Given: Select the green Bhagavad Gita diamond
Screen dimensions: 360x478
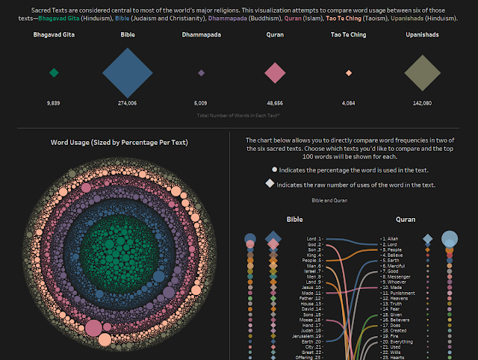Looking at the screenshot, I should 53,72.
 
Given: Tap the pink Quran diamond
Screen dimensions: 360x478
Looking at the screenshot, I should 275,72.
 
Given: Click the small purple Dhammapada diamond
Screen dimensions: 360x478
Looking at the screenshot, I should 201,72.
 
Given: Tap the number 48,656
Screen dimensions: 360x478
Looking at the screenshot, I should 275,102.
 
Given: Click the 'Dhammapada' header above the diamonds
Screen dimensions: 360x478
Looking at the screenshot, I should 201,35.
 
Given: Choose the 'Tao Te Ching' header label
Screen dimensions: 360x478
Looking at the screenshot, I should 349,35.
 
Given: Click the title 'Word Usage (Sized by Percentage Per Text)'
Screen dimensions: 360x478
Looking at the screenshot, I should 119,142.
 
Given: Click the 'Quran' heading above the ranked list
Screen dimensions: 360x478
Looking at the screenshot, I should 405,220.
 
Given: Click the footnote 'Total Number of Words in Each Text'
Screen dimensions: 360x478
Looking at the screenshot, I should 238,117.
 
